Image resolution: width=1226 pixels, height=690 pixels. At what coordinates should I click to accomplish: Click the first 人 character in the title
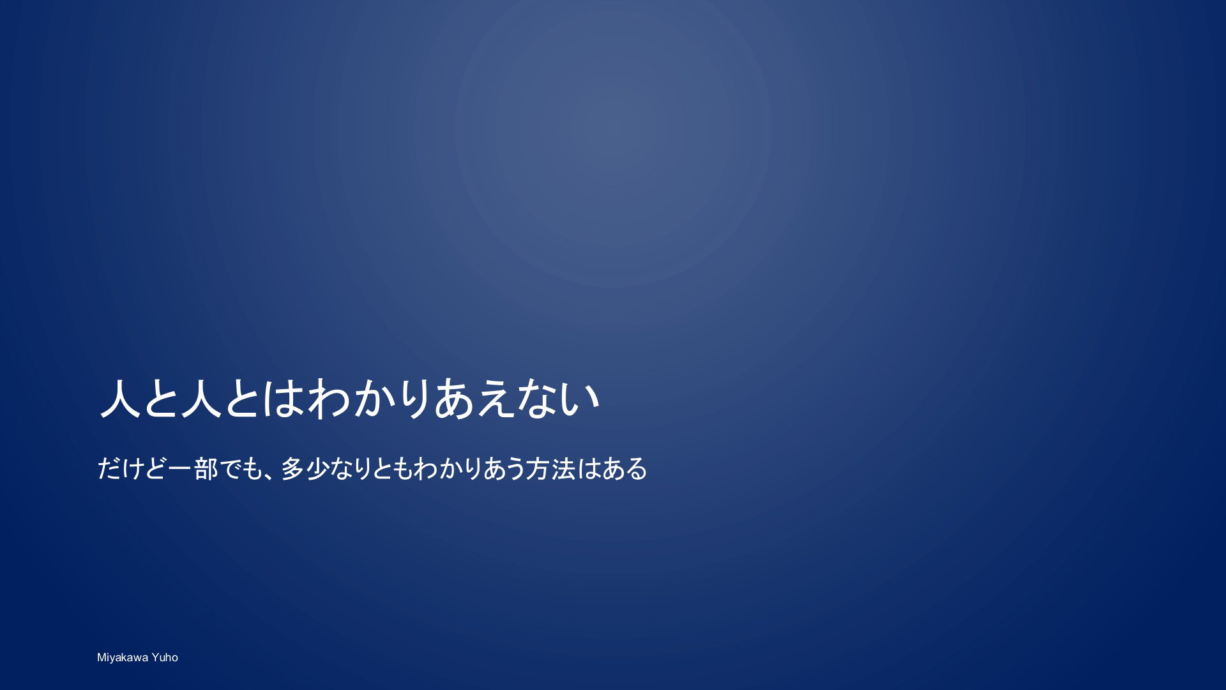(x=121, y=398)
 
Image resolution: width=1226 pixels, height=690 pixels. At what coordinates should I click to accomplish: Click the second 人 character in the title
(x=202, y=398)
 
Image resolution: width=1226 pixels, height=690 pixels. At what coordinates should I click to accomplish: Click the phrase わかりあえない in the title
(x=454, y=398)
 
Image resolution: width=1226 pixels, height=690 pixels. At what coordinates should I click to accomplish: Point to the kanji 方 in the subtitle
(x=538, y=469)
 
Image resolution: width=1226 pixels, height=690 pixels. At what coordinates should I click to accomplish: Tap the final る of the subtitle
(x=637, y=469)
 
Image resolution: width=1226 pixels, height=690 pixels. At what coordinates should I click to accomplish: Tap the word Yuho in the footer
(x=165, y=657)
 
